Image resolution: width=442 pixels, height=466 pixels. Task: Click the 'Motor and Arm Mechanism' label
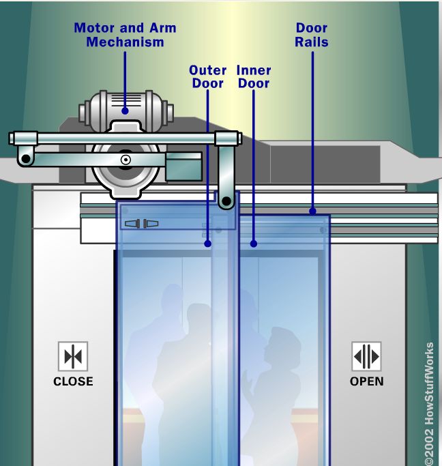(x=125, y=35)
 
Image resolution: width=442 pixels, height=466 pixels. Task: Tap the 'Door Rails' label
(x=312, y=35)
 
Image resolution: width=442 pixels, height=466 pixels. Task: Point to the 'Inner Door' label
(x=254, y=76)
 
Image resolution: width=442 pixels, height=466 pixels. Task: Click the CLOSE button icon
(x=73, y=356)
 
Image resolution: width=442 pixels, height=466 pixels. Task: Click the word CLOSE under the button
(x=73, y=381)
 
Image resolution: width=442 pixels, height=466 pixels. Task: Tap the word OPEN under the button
(x=366, y=381)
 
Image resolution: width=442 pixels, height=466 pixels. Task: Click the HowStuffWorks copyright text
(x=429, y=403)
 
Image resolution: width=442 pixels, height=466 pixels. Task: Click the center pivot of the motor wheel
(x=126, y=160)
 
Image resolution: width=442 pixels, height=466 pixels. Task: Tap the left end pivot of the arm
(x=26, y=160)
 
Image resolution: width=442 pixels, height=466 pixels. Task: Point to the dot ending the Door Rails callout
(x=312, y=211)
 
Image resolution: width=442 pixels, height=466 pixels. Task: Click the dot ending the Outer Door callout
(x=207, y=243)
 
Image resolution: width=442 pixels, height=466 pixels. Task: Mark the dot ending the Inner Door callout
(x=253, y=243)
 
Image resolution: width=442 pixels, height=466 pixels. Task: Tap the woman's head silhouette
(x=281, y=345)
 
